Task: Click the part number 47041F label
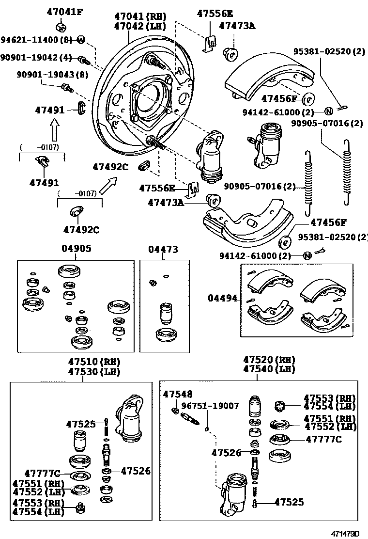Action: [64, 12]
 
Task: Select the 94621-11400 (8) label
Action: [37, 39]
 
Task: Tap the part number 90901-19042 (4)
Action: [36, 58]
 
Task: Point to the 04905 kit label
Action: [76, 249]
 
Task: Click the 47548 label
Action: [177, 394]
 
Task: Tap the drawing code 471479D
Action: [345, 534]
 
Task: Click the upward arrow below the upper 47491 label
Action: [55, 131]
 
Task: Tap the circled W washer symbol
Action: [81, 39]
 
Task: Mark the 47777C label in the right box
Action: [323, 440]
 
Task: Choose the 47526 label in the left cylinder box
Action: [135, 470]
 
